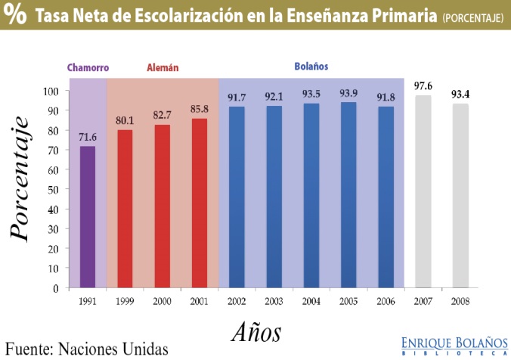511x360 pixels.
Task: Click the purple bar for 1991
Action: tap(88, 217)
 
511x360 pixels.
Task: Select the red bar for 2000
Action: tap(162, 206)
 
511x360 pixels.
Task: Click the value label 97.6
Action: tap(423, 86)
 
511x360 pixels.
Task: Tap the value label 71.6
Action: tap(88, 137)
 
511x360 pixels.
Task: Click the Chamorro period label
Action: tap(88, 67)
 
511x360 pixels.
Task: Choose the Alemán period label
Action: tap(162, 67)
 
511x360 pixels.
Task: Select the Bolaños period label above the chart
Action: tap(311, 66)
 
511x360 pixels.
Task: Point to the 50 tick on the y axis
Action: tap(54, 190)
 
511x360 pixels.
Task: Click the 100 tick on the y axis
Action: tap(51, 91)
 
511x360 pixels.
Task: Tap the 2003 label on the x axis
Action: tap(274, 302)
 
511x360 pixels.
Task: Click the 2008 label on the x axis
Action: tap(460, 302)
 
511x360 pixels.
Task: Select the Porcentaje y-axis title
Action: tap(20, 178)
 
